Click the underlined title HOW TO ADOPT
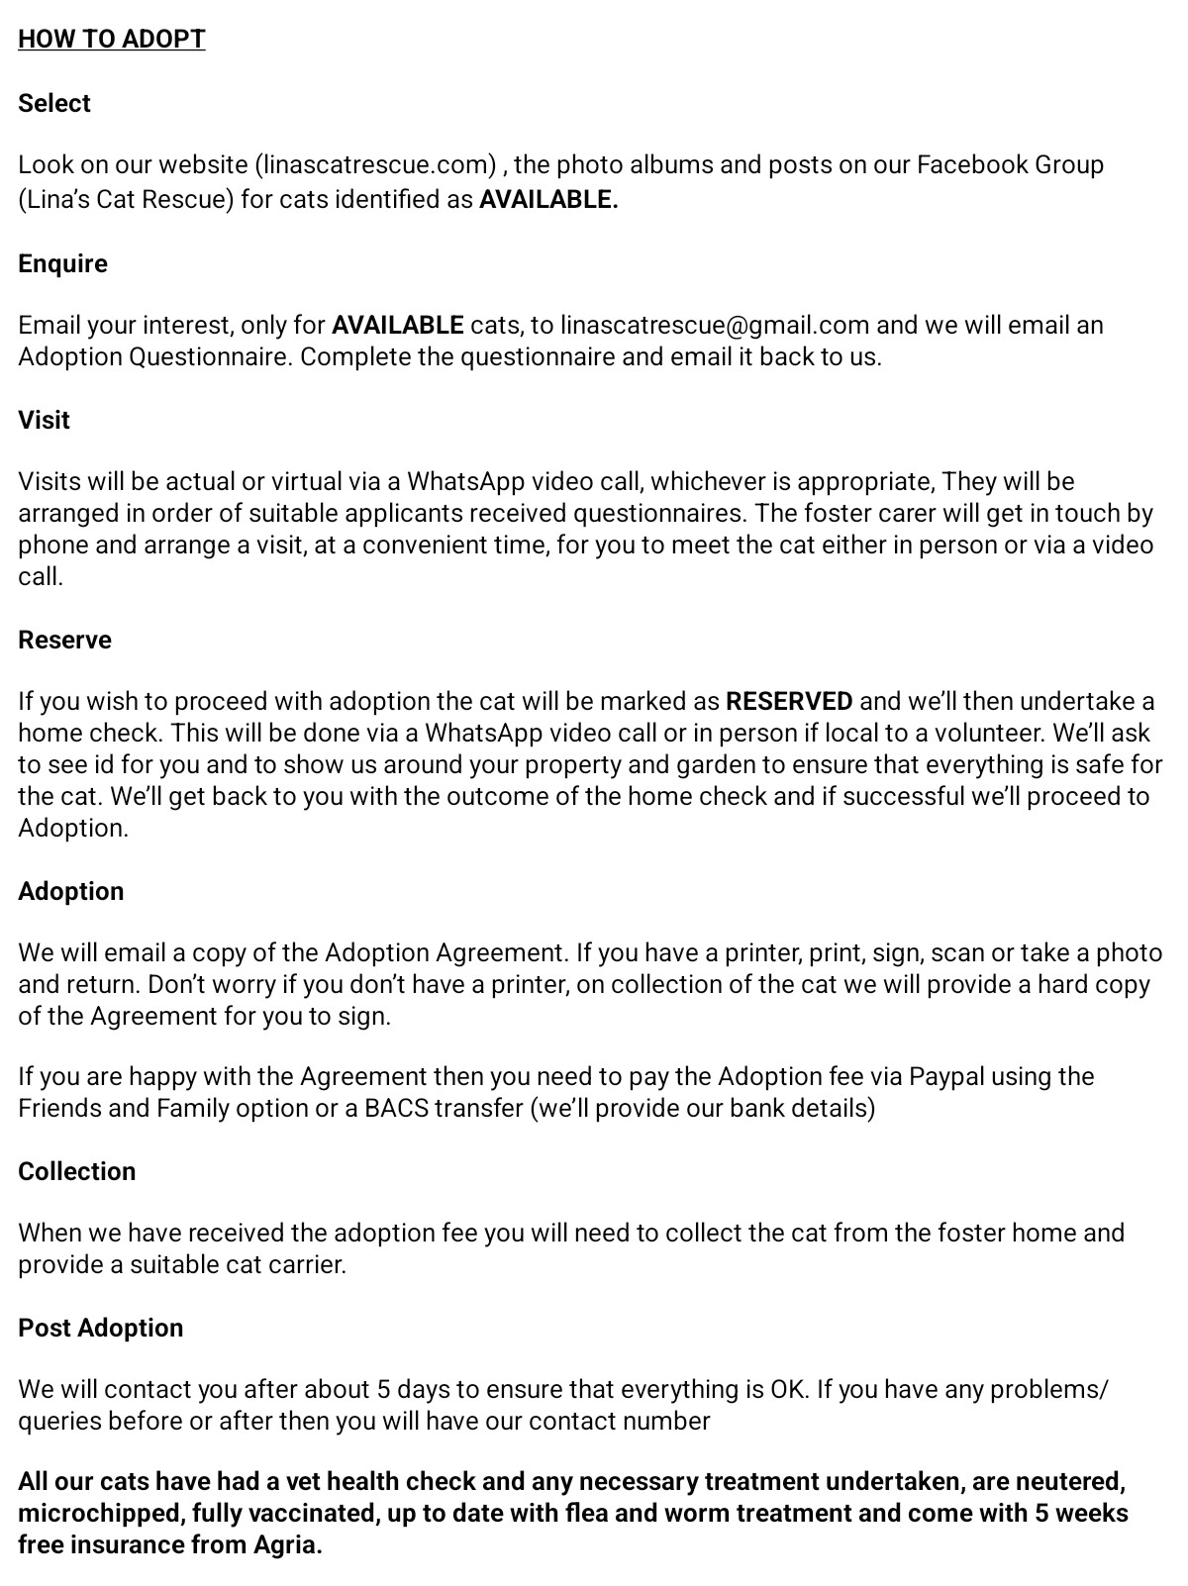112,40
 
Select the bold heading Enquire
62,264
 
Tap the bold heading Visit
44,421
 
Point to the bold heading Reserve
64,641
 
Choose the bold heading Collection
76,1172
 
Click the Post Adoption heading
100,1329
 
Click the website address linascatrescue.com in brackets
375,165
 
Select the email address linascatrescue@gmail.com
715,326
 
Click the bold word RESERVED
789,702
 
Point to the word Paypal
946,1077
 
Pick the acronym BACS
396,1109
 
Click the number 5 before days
384,1390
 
